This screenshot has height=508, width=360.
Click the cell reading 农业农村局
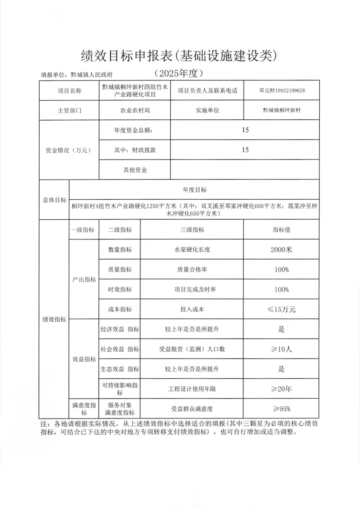tap(135, 110)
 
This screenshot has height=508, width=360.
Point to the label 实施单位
tap(207, 110)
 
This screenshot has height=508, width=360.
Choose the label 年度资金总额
tap(134, 131)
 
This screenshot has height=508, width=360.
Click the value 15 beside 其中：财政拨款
tap(245, 151)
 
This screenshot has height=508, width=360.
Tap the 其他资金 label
tap(134, 170)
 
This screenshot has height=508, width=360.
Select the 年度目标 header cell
tap(195, 189)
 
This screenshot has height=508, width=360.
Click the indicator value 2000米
tap(281, 249)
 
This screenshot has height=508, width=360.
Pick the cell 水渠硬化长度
tap(192, 249)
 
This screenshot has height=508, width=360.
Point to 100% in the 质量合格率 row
tap(281, 270)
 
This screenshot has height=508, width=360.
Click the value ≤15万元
tap(281, 310)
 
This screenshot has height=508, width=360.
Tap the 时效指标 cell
tap(120, 290)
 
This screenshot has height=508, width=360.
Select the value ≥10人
tap(281, 349)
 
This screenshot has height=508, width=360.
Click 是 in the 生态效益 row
tap(281, 369)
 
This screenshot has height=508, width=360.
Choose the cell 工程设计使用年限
tap(192, 389)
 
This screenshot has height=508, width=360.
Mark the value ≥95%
tap(281, 409)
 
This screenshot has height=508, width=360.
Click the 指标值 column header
tap(281, 230)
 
